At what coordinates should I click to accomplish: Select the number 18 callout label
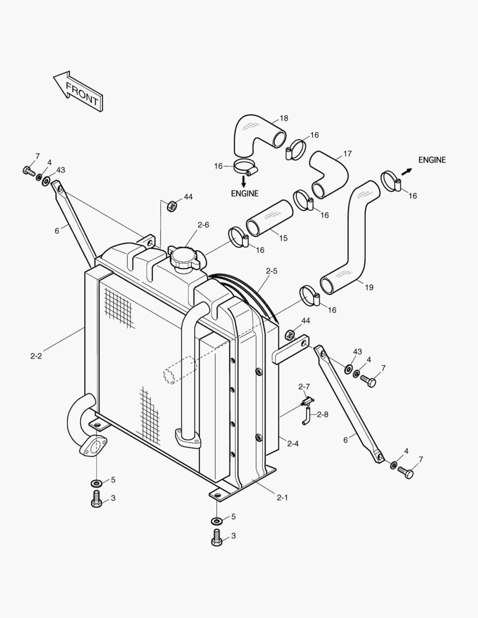284,118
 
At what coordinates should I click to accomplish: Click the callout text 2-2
36,356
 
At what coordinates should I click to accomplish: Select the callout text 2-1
282,497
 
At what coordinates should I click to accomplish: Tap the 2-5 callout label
271,271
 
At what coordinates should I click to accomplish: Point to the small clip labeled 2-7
307,401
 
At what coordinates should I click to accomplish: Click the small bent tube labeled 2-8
307,417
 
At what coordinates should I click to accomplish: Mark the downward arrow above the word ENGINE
244,181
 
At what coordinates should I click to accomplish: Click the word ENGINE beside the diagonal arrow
432,160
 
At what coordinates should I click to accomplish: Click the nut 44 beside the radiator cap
171,205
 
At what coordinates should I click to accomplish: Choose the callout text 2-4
293,443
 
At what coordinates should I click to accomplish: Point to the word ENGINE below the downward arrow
244,193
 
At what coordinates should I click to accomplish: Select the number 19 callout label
369,287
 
